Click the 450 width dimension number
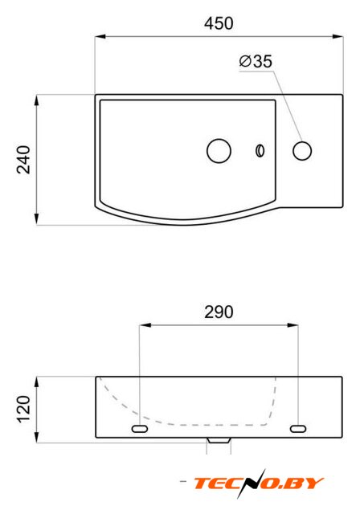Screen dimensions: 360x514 [x=219, y=23]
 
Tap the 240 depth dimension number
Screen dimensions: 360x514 [x=24, y=160]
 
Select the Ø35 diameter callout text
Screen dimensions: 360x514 [x=256, y=61]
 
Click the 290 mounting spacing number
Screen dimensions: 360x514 [x=219, y=312]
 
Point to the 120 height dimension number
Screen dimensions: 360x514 [x=24, y=410]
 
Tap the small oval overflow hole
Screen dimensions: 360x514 [x=260, y=150]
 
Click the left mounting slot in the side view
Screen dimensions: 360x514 [x=140, y=428]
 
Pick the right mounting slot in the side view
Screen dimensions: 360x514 [x=298, y=428]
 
